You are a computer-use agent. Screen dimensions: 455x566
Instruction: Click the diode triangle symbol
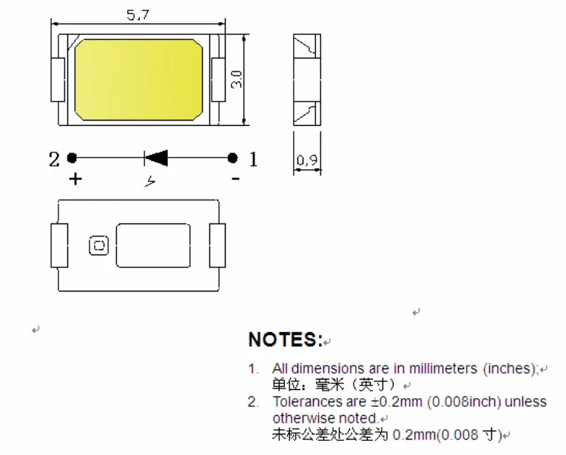tap(156, 157)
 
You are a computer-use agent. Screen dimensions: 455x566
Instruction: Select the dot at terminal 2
tap(72, 158)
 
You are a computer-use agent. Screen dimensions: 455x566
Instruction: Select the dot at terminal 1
tap(232, 158)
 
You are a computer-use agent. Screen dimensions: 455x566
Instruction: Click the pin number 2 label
tap(54, 158)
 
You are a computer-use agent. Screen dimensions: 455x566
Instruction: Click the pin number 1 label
tap(253, 158)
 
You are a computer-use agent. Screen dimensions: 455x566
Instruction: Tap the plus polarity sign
tap(74, 178)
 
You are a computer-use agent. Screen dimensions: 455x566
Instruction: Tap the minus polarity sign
tap(235, 178)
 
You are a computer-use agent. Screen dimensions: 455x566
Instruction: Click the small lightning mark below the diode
tap(151, 181)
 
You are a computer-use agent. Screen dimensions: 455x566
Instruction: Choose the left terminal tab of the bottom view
tap(58, 245)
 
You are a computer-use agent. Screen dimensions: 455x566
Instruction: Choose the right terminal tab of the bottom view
tap(217, 245)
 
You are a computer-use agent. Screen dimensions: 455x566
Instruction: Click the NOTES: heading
tap(285, 340)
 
